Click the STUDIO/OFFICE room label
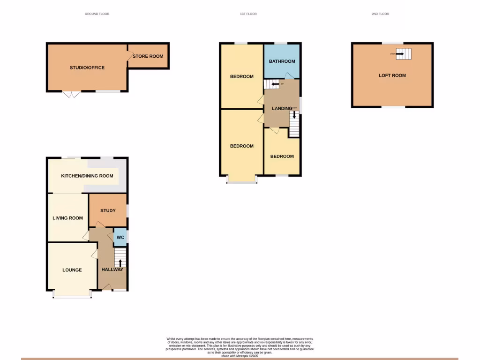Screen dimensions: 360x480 click(x=87, y=67)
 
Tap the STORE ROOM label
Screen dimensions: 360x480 click(x=148, y=56)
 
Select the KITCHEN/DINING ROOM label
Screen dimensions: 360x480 click(x=87, y=176)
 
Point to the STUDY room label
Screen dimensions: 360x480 click(x=108, y=210)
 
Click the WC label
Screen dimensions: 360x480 click(x=120, y=237)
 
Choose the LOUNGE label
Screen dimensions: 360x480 click(x=72, y=270)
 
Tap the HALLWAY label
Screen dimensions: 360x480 click(x=112, y=269)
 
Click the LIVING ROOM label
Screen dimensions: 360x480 click(x=68, y=218)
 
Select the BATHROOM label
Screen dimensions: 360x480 click(x=282, y=61)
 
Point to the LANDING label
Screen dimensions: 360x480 click(x=282, y=109)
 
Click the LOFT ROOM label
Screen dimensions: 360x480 click(x=392, y=75)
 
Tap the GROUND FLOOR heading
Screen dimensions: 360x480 click(x=97, y=14)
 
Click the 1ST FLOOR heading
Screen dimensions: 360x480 click(x=248, y=14)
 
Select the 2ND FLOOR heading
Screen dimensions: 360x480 click(x=380, y=14)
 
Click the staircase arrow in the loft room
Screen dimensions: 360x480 click(x=400, y=54)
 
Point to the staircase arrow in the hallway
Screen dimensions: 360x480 click(x=120, y=262)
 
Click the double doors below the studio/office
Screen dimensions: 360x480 click(x=72, y=94)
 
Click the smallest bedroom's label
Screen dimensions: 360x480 click(x=282, y=156)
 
